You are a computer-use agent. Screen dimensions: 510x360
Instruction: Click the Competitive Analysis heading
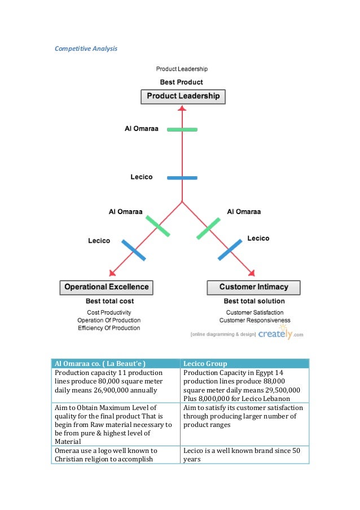[86, 49]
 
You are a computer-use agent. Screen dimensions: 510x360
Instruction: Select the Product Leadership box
[183, 97]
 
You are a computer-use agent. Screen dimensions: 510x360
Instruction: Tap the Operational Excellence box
[106, 287]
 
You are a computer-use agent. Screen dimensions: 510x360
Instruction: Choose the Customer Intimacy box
[253, 287]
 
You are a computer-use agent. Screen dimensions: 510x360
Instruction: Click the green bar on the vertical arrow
[182, 129]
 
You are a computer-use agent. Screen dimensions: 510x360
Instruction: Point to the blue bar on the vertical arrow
[182, 177]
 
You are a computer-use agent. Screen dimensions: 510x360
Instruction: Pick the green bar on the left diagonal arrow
[157, 225]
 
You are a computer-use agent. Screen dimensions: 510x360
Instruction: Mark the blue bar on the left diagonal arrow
[134, 250]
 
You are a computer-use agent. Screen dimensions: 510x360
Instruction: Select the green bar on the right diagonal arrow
[208, 228]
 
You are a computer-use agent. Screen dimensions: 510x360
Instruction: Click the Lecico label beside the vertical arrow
[142, 177]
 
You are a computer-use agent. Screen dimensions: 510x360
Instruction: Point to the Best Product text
[182, 82]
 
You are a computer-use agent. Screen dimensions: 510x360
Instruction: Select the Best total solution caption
[254, 301]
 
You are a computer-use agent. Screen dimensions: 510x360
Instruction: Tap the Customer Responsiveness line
[258, 320]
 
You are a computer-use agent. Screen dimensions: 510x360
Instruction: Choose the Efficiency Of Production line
[109, 328]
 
